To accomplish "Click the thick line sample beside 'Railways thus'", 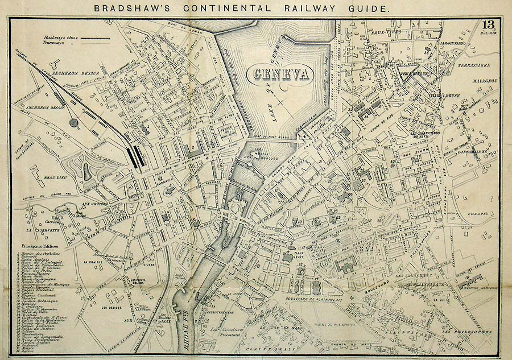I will pos(97,39).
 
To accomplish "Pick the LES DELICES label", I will pos(112,308).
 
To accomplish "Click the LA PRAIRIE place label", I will pos(92,262).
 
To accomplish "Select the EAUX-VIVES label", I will pos(383,33).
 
